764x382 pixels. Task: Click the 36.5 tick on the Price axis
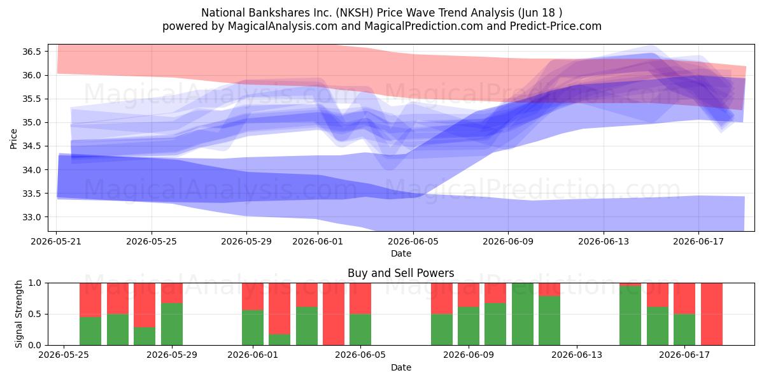click(x=31, y=52)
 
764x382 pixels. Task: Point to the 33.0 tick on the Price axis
click(x=31, y=217)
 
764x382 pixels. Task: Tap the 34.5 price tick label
click(x=31, y=146)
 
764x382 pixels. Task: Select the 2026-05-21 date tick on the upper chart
click(x=56, y=241)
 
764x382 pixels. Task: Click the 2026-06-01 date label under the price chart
click(x=318, y=241)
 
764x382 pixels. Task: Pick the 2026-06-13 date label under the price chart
click(x=604, y=241)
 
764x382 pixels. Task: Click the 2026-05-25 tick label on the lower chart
click(x=64, y=355)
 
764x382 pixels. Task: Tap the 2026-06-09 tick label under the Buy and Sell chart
click(x=469, y=355)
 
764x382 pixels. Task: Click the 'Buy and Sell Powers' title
click(x=400, y=273)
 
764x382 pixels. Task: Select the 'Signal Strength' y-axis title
click(x=18, y=314)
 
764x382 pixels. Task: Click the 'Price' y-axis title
click(x=13, y=139)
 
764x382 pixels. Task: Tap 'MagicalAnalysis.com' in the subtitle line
click(x=283, y=26)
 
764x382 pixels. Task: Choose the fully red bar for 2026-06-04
click(x=334, y=314)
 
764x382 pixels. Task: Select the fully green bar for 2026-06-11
click(x=523, y=314)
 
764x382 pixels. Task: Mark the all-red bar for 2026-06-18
click(x=712, y=314)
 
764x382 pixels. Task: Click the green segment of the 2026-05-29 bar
click(x=172, y=324)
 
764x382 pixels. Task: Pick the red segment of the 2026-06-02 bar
click(x=279, y=309)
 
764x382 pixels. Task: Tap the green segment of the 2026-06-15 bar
click(x=630, y=316)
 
